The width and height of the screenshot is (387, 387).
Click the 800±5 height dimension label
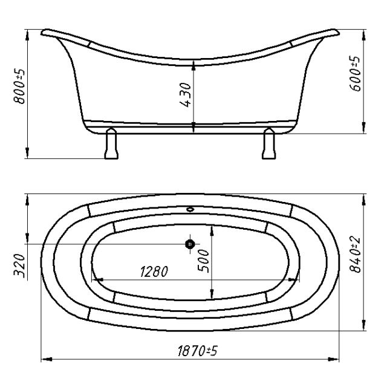pyautogui.click(x=19, y=86)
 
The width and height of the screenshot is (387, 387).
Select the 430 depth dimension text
pyautogui.click(x=186, y=95)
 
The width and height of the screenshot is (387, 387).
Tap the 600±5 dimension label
pyautogui.click(x=355, y=73)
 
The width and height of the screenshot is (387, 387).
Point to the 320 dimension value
pyautogui.click(x=19, y=265)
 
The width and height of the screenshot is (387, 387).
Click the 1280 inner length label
pyautogui.click(x=154, y=272)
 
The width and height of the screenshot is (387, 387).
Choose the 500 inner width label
pyautogui.click(x=203, y=261)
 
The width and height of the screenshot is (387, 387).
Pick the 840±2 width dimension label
pyautogui.click(x=355, y=255)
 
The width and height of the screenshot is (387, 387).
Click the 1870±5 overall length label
pyautogui.click(x=198, y=351)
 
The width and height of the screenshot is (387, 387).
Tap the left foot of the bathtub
pyautogui.click(x=111, y=143)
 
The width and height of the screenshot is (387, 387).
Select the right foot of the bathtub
pyautogui.click(x=268, y=143)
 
